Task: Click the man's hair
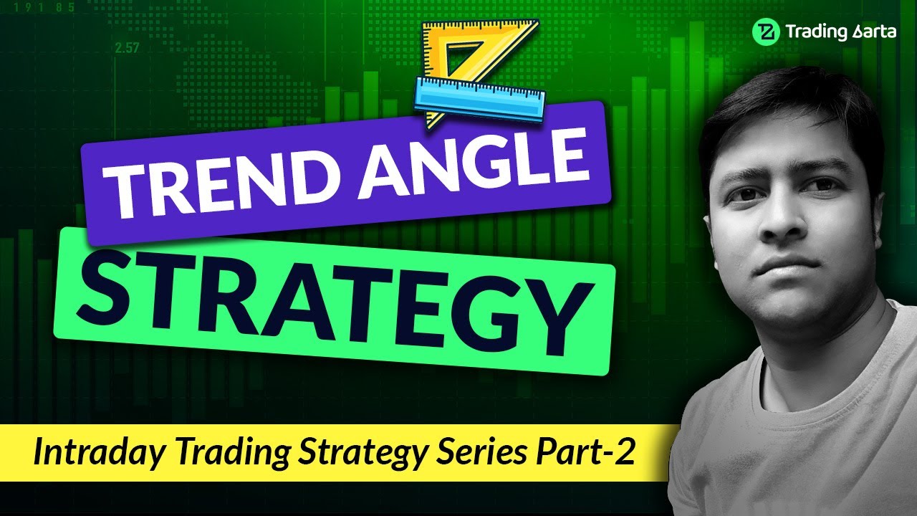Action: (788, 107)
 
